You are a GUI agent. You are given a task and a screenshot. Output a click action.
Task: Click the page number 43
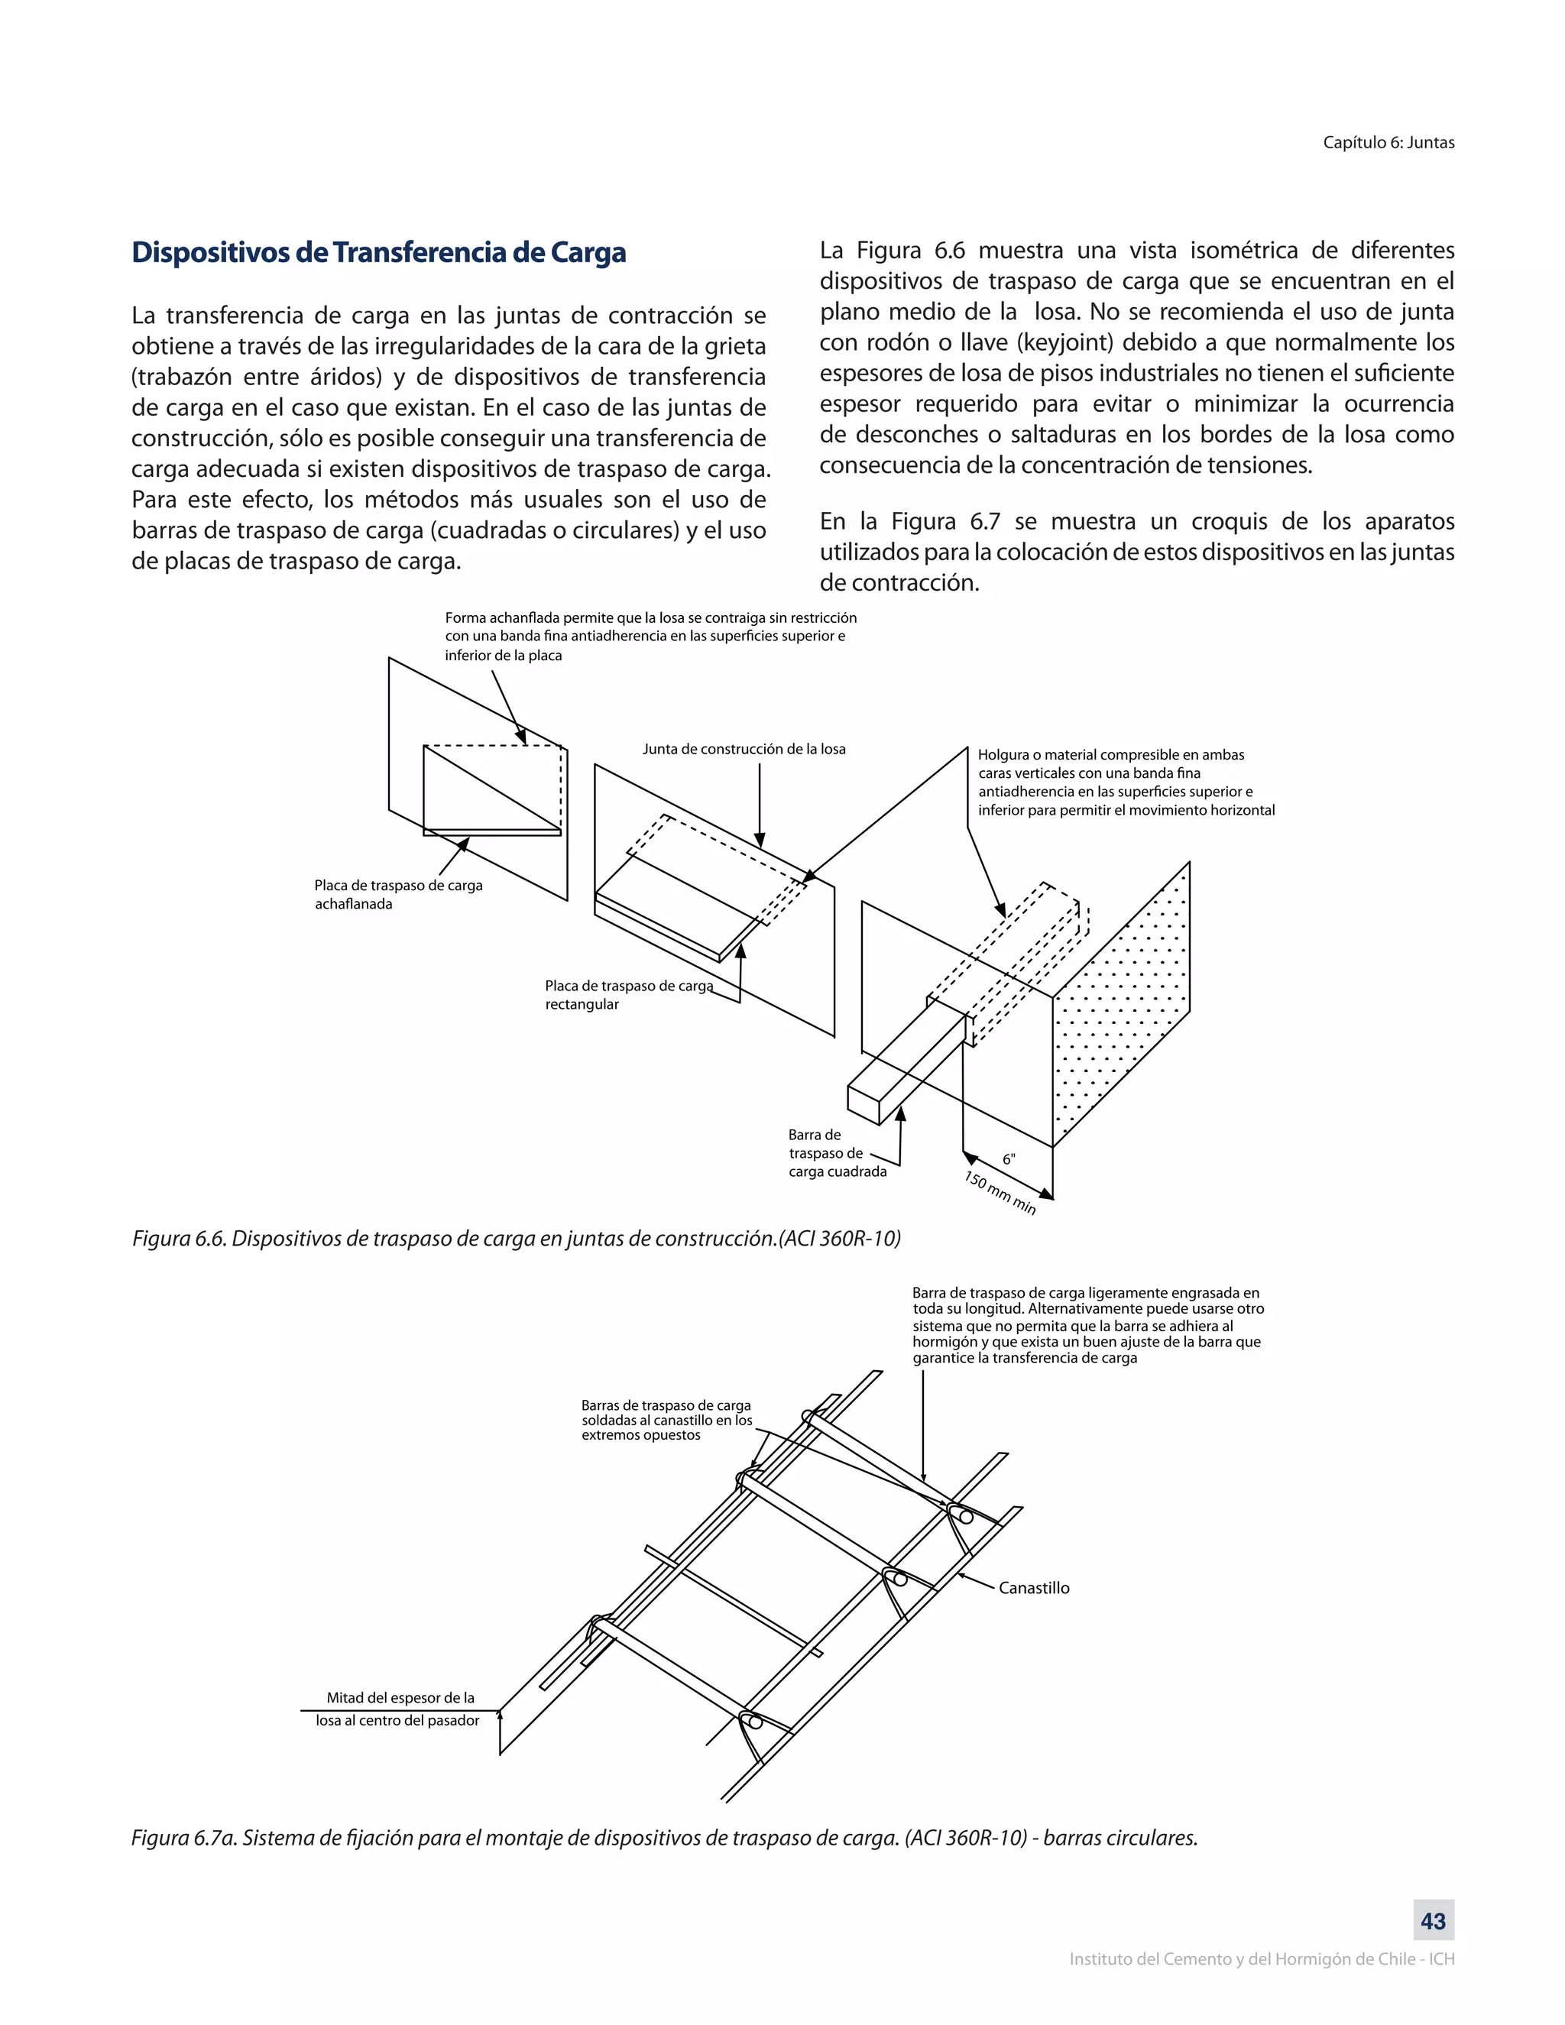point(1434,1920)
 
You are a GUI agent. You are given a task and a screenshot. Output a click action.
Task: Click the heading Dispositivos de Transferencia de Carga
point(378,252)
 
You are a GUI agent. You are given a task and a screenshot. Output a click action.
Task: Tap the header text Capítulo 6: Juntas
point(1388,143)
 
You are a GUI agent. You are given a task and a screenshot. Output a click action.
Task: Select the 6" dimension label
point(1009,1159)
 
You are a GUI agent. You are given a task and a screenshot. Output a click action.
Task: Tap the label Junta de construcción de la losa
point(744,749)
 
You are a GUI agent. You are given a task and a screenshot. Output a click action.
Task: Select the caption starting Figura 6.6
point(517,1239)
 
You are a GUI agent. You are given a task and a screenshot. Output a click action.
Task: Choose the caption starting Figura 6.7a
point(664,1838)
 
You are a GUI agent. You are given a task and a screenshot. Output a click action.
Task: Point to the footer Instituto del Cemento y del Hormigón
point(1261,1959)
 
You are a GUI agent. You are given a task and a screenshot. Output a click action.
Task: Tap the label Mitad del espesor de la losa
point(399,1709)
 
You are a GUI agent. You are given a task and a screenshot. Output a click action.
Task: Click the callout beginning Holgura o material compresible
point(1126,782)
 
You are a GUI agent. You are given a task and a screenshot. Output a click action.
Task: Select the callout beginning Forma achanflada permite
point(650,636)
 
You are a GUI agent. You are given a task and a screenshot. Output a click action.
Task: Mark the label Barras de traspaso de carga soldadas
point(666,1420)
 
